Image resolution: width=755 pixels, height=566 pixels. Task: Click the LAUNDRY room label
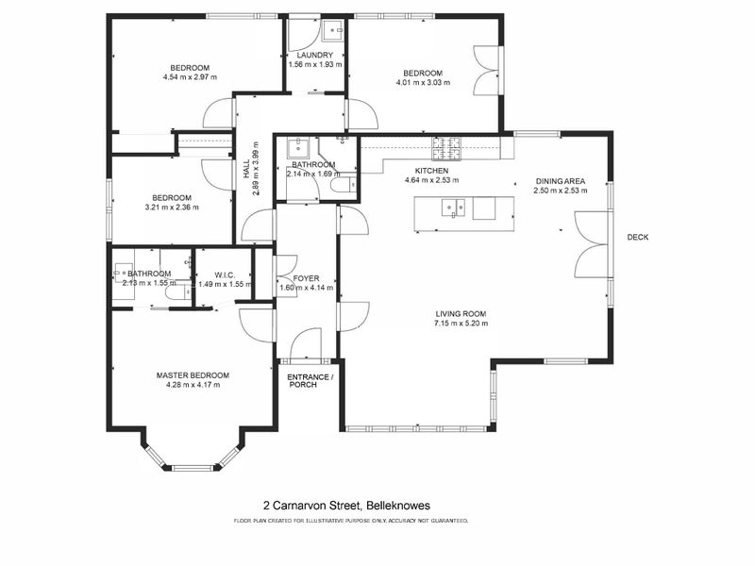[x=315, y=55]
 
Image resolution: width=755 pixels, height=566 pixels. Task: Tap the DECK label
[x=638, y=237]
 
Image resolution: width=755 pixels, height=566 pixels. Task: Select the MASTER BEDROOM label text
[x=193, y=375]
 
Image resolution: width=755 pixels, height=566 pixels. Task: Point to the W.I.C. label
[x=225, y=275]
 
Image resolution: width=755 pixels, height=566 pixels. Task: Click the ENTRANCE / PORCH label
[x=310, y=381]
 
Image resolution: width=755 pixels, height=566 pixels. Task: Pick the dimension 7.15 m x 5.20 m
[x=461, y=324]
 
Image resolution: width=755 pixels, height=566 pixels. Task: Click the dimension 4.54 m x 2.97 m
[x=191, y=77]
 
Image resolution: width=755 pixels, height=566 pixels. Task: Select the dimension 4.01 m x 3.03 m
[x=423, y=82]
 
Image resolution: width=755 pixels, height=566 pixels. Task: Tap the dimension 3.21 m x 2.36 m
[x=172, y=208]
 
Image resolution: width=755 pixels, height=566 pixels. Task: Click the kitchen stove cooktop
[x=446, y=148]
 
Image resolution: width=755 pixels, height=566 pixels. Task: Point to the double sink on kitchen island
[x=453, y=208]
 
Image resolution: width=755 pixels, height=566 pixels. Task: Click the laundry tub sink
[x=333, y=30]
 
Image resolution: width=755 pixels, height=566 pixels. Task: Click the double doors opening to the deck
[x=592, y=244]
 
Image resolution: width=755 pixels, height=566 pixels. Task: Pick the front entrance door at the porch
[x=306, y=343]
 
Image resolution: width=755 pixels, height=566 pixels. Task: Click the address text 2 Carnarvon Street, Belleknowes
[x=346, y=506]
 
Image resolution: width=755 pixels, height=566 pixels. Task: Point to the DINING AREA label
[x=561, y=181]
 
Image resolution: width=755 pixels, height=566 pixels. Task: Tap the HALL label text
[x=246, y=170]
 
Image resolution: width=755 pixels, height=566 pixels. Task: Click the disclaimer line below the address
[x=351, y=521]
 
